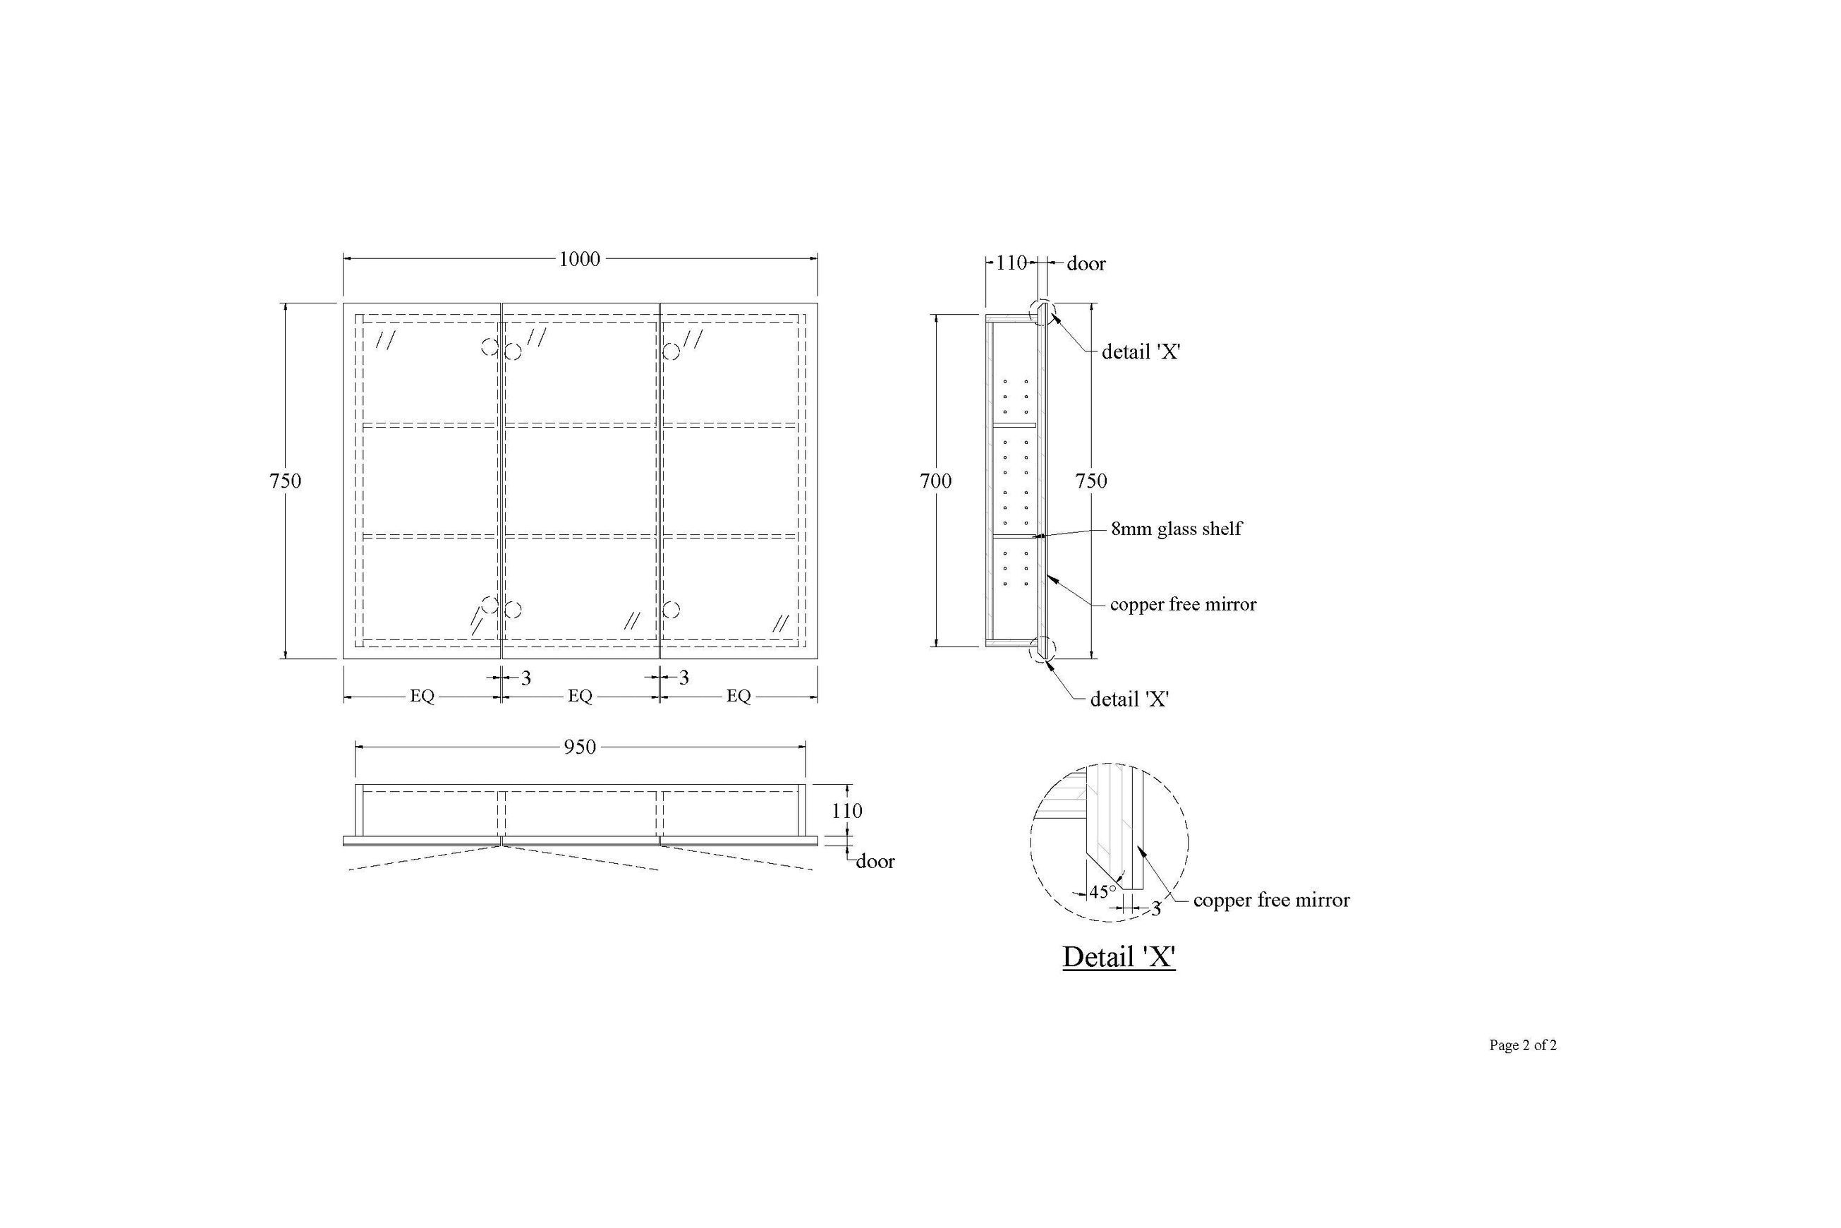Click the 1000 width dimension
tap(579, 258)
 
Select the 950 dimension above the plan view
tap(580, 747)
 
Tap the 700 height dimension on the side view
tap(935, 481)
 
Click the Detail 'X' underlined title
tap(1119, 956)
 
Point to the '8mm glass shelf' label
tap(1177, 529)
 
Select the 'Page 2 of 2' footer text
tap(1522, 1045)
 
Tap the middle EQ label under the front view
tap(580, 695)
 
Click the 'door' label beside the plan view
tap(875, 862)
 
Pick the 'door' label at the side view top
tap(1086, 264)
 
